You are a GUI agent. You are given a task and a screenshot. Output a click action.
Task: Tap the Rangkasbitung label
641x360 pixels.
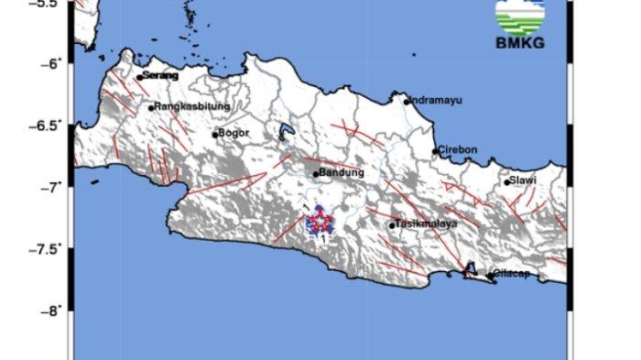point(187,107)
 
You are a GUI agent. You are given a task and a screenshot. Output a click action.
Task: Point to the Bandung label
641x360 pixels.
point(342,172)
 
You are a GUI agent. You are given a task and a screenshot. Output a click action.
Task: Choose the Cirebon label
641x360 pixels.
point(458,149)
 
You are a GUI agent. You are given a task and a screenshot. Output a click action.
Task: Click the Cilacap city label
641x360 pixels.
point(512,273)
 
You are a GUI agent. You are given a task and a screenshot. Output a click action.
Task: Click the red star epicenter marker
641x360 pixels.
point(320,220)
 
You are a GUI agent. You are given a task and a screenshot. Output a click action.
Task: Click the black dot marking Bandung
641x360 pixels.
point(316,174)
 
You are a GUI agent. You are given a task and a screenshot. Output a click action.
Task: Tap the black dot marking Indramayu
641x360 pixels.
point(407,101)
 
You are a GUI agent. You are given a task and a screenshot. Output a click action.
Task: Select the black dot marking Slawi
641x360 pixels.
point(506,182)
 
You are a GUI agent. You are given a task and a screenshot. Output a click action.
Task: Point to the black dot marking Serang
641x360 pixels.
point(139,78)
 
